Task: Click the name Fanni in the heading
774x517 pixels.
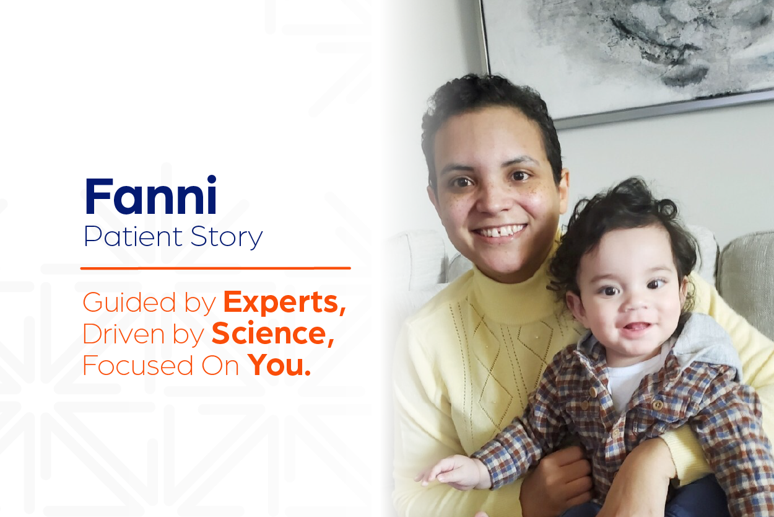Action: [x=150, y=195]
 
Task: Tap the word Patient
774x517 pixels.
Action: [x=133, y=237]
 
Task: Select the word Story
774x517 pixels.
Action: [x=227, y=237]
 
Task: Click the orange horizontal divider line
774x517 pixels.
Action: [x=215, y=268]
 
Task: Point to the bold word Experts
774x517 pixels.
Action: [x=285, y=303]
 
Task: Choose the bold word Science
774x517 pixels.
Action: [x=273, y=334]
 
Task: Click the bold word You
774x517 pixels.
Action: [x=279, y=365]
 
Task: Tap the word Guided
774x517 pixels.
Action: [x=129, y=303]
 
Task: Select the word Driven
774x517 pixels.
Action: [x=124, y=334]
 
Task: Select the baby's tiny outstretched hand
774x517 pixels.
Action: [x=448, y=471]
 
